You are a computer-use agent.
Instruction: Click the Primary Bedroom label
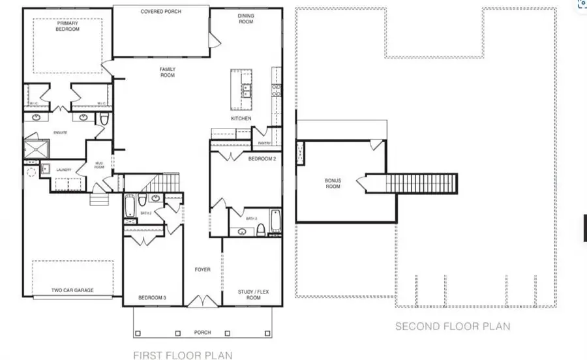(x=67, y=26)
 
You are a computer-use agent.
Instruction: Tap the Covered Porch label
(x=160, y=12)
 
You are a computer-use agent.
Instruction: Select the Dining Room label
(x=245, y=19)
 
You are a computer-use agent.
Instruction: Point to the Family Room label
(x=168, y=72)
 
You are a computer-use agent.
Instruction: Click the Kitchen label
(x=241, y=119)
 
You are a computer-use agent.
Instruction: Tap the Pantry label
(x=263, y=142)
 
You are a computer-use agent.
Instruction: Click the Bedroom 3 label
(x=152, y=298)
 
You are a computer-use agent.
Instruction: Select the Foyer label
(x=203, y=269)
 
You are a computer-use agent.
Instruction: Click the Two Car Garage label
(x=72, y=290)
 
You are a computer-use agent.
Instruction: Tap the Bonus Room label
(x=333, y=183)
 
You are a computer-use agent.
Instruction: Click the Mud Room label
(x=99, y=166)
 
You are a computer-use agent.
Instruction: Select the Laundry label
(x=63, y=170)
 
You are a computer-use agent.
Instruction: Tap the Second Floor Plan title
(x=453, y=326)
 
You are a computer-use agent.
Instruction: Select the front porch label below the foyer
(x=202, y=332)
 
